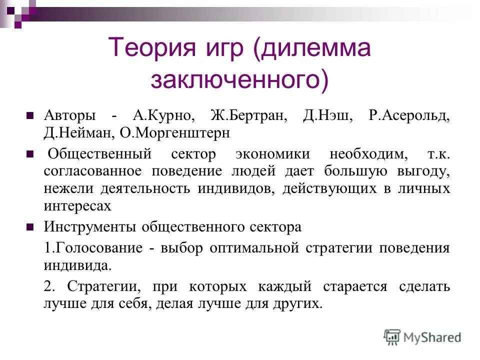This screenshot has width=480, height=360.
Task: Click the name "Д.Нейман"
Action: [x=80, y=133]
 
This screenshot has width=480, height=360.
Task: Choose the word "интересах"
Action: [x=77, y=205]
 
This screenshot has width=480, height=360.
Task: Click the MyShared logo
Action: [x=422, y=337]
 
